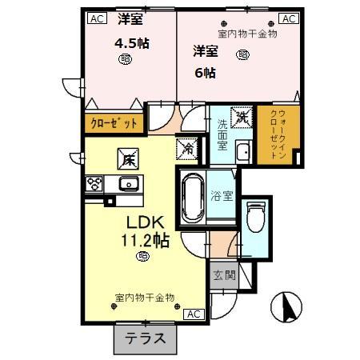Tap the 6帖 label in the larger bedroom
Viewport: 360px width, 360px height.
point(206,70)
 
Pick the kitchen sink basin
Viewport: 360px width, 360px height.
point(128,185)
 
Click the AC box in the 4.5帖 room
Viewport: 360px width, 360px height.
point(96,18)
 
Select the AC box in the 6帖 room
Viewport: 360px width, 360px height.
point(288,18)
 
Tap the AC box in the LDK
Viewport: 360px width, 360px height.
point(194,314)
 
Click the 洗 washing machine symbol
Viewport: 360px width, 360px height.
point(241,116)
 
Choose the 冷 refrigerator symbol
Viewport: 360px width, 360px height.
point(188,148)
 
